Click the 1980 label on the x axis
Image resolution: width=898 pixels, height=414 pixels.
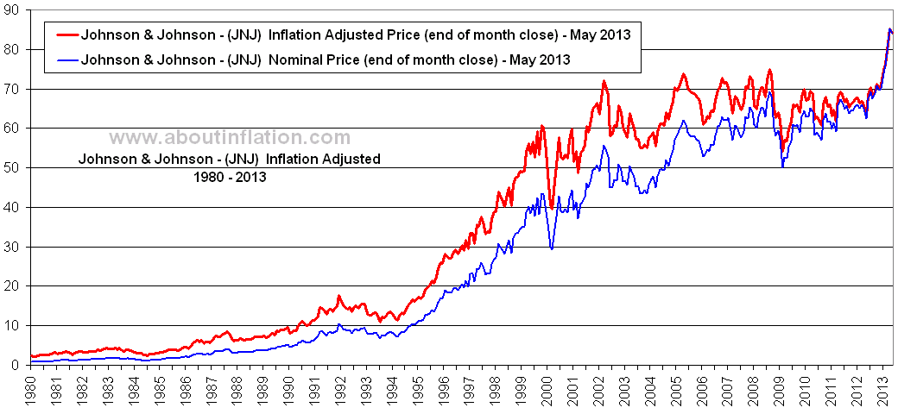(31, 388)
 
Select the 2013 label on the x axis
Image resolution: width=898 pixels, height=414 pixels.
(882, 388)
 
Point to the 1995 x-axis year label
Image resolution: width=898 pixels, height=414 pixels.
(418, 388)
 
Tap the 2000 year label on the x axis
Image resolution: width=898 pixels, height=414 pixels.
(547, 388)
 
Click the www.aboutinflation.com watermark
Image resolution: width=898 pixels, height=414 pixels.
(230, 138)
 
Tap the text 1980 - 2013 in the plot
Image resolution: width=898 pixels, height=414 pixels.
(229, 176)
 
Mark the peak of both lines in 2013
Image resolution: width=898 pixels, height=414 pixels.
(889, 29)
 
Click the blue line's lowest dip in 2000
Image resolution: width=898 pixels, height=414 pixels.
(552, 249)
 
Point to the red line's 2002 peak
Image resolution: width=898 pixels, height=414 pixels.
(604, 82)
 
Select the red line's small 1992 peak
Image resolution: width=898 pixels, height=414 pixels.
(339, 298)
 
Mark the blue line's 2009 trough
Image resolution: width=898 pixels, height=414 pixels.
(782, 166)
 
